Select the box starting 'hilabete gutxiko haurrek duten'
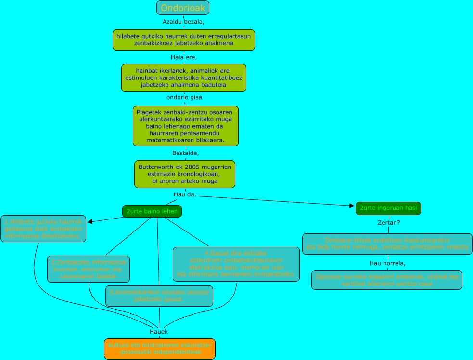[184, 39]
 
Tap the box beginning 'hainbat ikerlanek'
[184, 77]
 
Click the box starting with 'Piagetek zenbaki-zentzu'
[186, 126]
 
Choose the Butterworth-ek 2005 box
[185, 174]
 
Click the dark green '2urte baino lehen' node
[152, 211]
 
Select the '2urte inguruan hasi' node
[388, 208]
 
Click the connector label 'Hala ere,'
[184, 58]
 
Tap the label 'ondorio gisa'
[184, 97]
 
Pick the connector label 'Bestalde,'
[185, 153]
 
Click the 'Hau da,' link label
[185, 194]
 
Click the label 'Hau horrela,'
[387, 263]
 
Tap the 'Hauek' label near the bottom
[159, 332]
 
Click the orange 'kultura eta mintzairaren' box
[160, 348]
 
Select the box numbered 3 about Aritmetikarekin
[159, 296]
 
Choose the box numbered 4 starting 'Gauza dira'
[236, 264]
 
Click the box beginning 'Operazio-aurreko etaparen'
[386, 280]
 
